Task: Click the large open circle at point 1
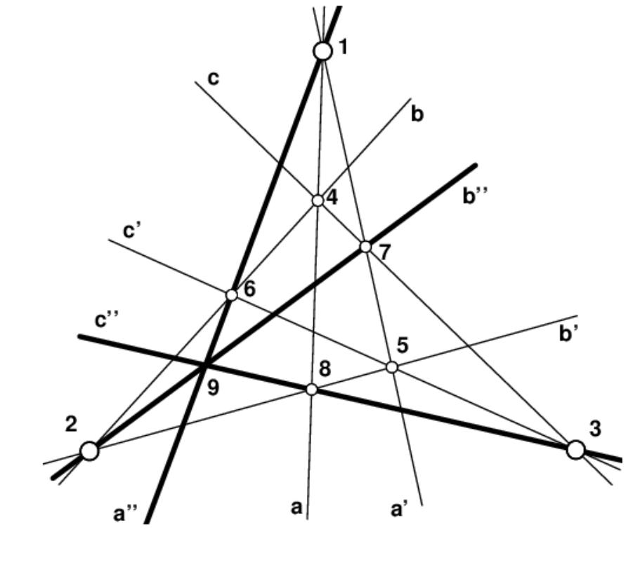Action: click(x=322, y=51)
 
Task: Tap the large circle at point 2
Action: click(x=89, y=450)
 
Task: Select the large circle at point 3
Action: click(x=575, y=449)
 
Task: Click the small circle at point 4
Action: click(x=318, y=200)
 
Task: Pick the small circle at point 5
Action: click(x=392, y=366)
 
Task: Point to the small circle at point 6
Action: click(x=231, y=295)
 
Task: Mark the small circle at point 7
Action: click(x=365, y=246)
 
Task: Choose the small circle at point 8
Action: click(x=312, y=389)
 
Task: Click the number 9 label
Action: click(x=213, y=387)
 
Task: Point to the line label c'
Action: click(x=133, y=231)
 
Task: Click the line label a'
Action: click(x=400, y=509)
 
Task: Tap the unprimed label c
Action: click(x=214, y=78)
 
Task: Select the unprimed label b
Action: click(x=417, y=114)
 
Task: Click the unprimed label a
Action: click(x=297, y=508)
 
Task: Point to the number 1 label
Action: click(x=343, y=47)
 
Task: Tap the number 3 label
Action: click(x=595, y=429)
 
